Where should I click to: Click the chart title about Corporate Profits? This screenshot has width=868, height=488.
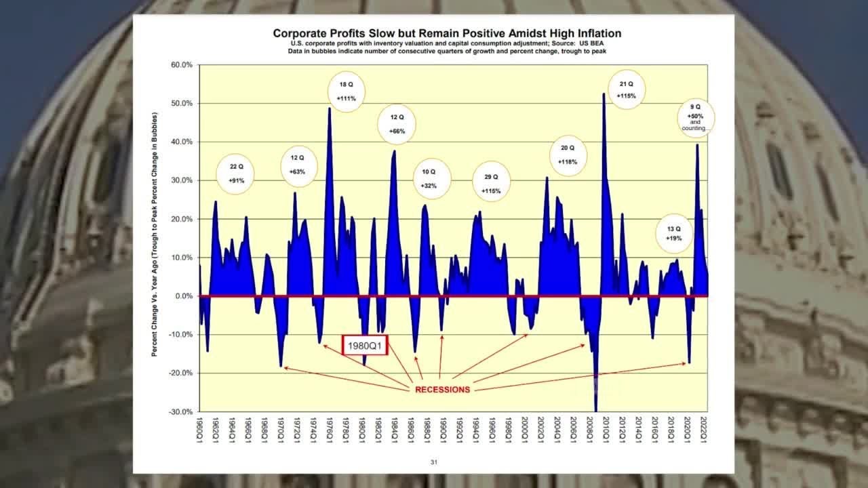446,33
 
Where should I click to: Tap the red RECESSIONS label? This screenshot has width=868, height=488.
442,390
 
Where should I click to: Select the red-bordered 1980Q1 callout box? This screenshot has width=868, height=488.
364,346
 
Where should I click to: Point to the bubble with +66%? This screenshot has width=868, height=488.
397,124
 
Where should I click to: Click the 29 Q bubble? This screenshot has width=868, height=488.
491,183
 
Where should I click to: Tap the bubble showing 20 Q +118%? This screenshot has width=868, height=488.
568,155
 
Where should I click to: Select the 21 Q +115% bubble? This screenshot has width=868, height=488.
626,90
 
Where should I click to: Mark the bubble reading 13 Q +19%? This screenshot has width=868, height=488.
673,232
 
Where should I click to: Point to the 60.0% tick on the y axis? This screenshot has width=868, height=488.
182,65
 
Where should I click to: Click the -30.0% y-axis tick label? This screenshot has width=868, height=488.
181,411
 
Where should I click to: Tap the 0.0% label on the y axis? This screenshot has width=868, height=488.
184,296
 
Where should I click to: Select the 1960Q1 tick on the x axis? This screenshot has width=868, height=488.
200,430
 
